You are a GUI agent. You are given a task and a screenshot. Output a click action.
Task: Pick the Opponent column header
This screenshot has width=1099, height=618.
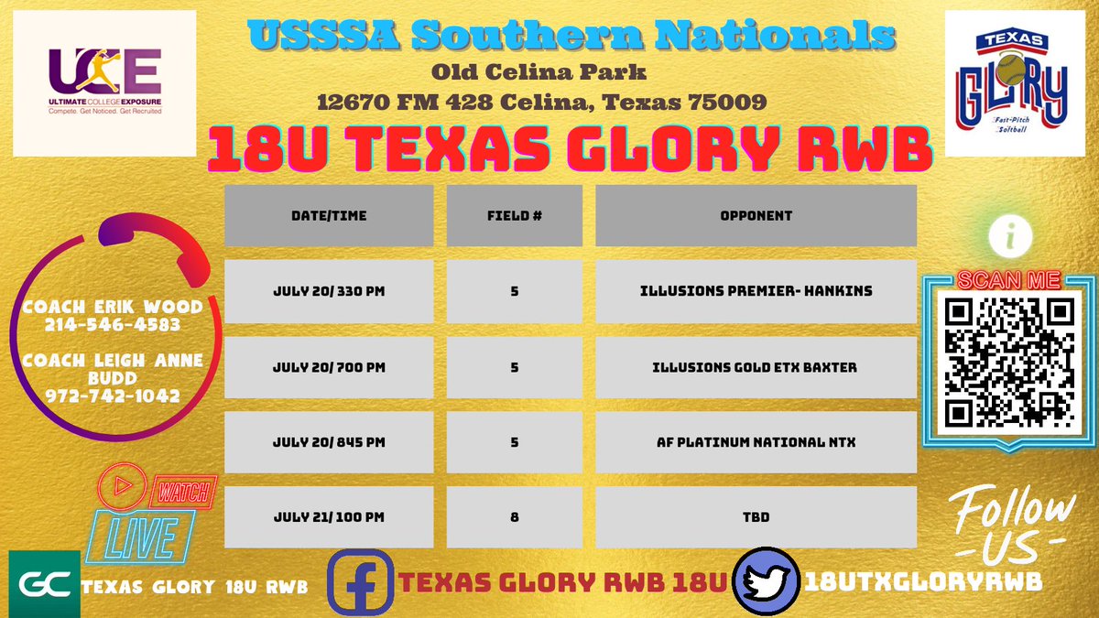point(756,216)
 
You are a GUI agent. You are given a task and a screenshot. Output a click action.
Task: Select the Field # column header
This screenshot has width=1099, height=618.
point(515,216)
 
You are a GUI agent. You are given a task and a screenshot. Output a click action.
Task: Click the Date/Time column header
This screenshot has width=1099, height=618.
point(329,216)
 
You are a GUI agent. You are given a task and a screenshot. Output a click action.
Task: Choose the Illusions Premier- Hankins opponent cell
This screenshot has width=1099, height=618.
point(756,291)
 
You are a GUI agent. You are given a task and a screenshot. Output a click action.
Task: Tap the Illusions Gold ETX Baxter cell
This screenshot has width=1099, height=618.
point(756,367)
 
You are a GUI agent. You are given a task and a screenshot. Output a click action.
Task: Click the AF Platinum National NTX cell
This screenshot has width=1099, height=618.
point(756,442)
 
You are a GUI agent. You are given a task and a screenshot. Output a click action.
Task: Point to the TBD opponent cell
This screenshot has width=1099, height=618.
point(756,517)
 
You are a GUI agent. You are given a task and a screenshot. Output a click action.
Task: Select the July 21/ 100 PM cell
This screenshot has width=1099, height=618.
point(329,517)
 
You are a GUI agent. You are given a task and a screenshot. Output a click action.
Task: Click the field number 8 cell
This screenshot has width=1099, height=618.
point(515,517)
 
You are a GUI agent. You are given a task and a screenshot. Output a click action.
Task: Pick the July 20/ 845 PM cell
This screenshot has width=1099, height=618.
point(329,442)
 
